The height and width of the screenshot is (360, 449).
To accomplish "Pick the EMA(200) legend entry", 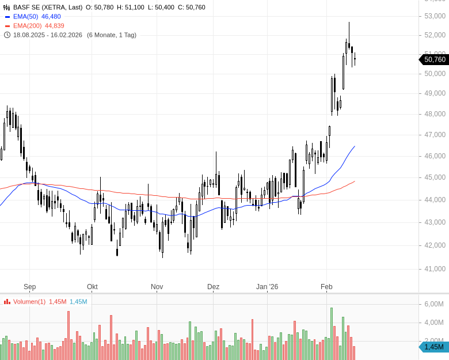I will [x=27, y=26].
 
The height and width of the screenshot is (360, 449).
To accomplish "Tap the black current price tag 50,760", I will [x=434, y=59].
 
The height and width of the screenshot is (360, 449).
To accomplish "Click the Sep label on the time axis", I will [x=30, y=287].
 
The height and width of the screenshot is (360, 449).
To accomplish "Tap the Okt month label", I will [x=92, y=287].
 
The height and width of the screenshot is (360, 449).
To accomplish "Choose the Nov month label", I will [x=157, y=287].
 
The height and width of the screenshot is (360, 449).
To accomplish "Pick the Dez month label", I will [x=214, y=287].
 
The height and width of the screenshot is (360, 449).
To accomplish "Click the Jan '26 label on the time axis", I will [x=267, y=287].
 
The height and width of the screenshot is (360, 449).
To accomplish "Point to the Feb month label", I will [x=326, y=287].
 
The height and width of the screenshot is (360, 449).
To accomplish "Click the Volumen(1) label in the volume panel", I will [x=29, y=302].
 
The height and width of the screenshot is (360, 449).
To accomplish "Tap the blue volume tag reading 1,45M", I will [x=433, y=347].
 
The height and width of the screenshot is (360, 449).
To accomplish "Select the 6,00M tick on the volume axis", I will [x=433, y=304].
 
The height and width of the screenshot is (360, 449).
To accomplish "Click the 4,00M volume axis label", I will [x=433, y=323].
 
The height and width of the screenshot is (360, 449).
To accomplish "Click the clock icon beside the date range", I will [x=7, y=35].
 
